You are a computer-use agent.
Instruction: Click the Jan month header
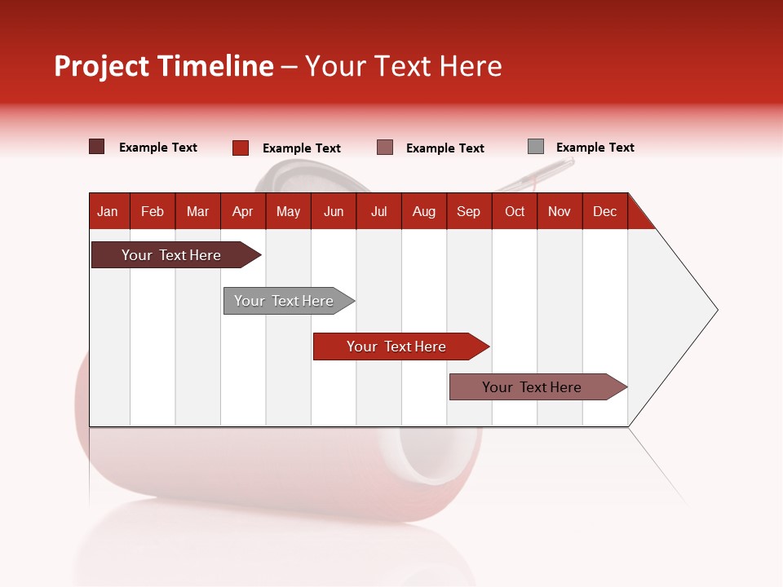pyautogui.click(x=108, y=211)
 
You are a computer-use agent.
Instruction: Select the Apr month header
pyautogui.click(x=243, y=211)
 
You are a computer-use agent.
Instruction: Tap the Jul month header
pyautogui.click(x=378, y=211)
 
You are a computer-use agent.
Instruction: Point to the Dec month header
pyautogui.click(x=604, y=211)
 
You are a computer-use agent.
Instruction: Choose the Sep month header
pyautogui.click(x=469, y=211)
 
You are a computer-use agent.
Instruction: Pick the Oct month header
pyautogui.click(x=515, y=211)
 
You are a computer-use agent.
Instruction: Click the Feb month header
pyautogui.click(x=153, y=211)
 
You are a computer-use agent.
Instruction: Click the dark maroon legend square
pyautogui.click(x=97, y=147)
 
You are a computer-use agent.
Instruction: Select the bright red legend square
pyautogui.click(x=241, y=148)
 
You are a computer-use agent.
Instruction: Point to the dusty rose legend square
pyautogui.click(x=385, y=148)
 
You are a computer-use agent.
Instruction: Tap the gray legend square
pyautogui.click(x=535, y=147)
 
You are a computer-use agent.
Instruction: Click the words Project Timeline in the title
pyautogui.click(x=164, y=66)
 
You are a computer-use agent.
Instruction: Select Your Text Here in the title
pyautogui.click(x=404, y=66)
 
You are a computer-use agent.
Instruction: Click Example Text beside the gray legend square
pyautogui.click(x=595, y=148)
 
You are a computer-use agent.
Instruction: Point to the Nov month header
pyautogui.click(x=560, y=211)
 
